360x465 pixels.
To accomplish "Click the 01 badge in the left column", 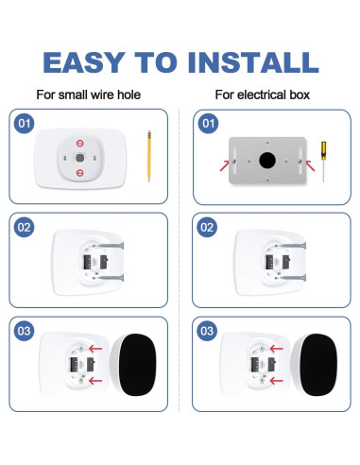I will (x=26, y=123).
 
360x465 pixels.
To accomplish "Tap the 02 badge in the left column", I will (x=26, y=227).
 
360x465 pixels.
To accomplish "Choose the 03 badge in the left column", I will (x=26, y=332).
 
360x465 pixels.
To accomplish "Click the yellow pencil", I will (x=148, y=156).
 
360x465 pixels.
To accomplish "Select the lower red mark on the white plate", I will (x=81, y=173).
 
